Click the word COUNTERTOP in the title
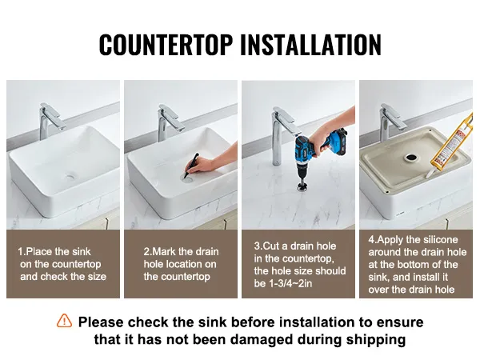(166, 45)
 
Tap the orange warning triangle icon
(64, 321)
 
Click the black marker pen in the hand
(190, 166)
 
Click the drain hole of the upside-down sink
(411, 158)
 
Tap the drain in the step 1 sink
(71, 177)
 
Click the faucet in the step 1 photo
(50, 121)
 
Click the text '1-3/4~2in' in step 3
(290, 283)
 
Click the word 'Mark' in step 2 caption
(164, 252)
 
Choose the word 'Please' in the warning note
(101, 322)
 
